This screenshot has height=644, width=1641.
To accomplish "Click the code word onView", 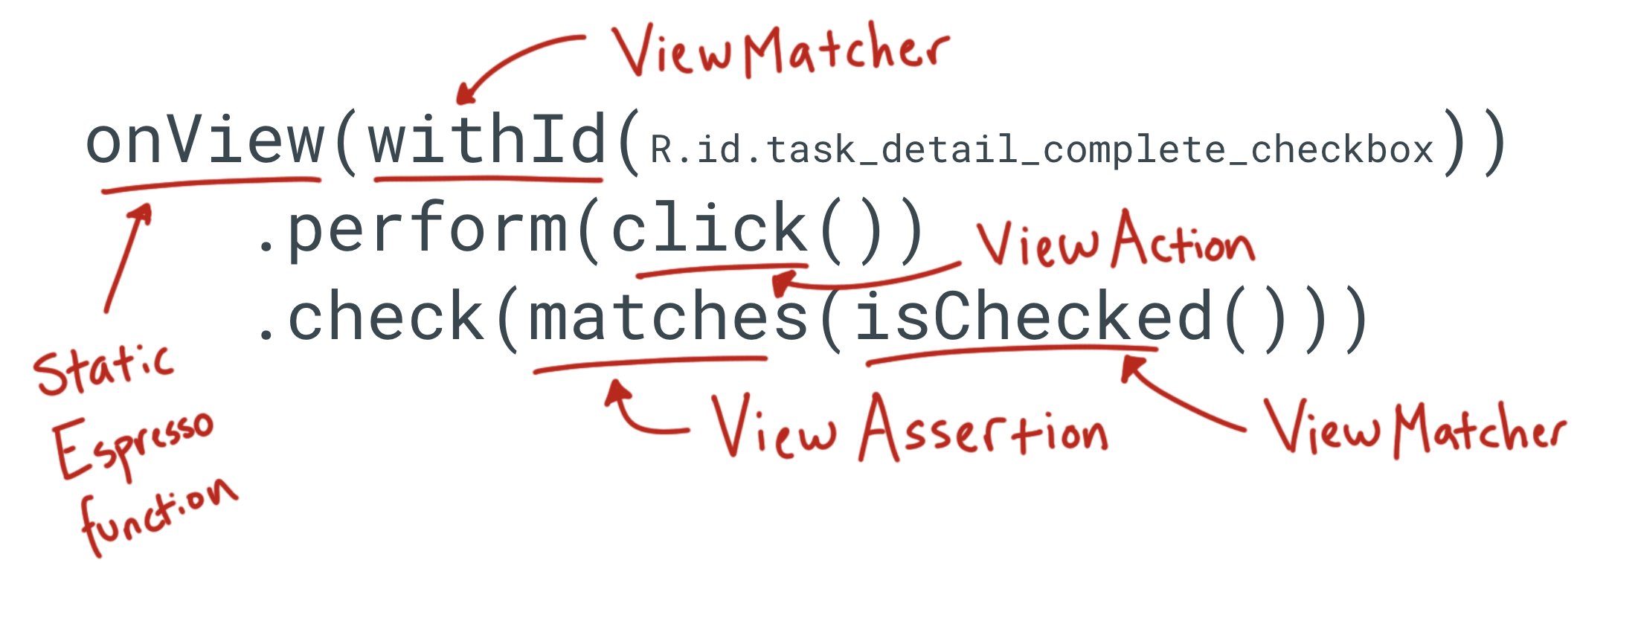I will pos(205,141).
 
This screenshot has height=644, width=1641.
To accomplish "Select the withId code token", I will pos(487,141).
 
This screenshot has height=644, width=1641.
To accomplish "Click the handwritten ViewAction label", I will pos(1116,242).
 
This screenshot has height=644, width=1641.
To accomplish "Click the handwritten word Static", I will pos(104,368).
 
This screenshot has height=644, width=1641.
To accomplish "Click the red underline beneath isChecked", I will pos(1012,353).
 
